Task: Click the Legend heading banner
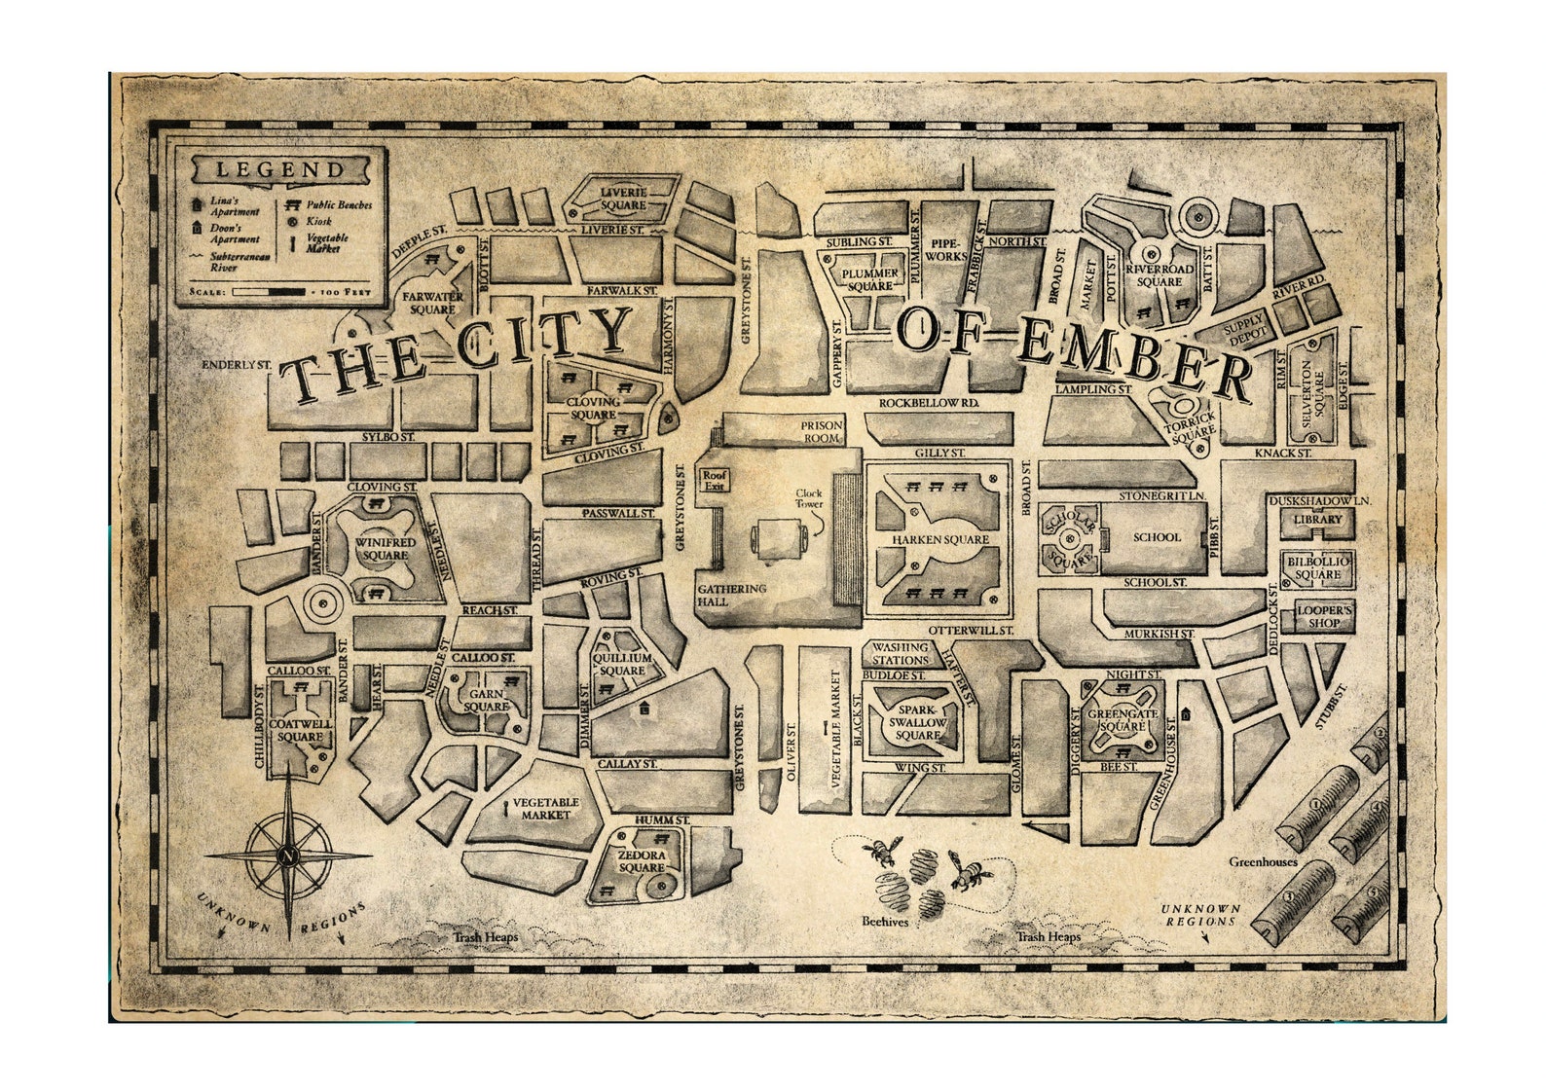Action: [279, 169]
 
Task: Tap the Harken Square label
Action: [939, 539]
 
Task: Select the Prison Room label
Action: [822, 431]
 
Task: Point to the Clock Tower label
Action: [809, 498]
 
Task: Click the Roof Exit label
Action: [715, 481]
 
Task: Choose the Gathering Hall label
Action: [731, 595]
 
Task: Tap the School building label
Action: [1157, 536]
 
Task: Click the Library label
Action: [1317, 520]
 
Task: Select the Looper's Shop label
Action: [1324, 616]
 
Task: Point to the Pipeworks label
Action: [945, 249]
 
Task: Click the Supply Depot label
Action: [1245, 329]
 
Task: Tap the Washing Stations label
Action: [900, 653]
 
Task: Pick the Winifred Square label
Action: [386, 549]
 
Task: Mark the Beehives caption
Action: [885, 921]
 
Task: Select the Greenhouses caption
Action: [1263, 861]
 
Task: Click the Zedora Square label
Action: [642, 861]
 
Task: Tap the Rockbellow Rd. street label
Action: [928, 403]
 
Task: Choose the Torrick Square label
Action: [1193, 424]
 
